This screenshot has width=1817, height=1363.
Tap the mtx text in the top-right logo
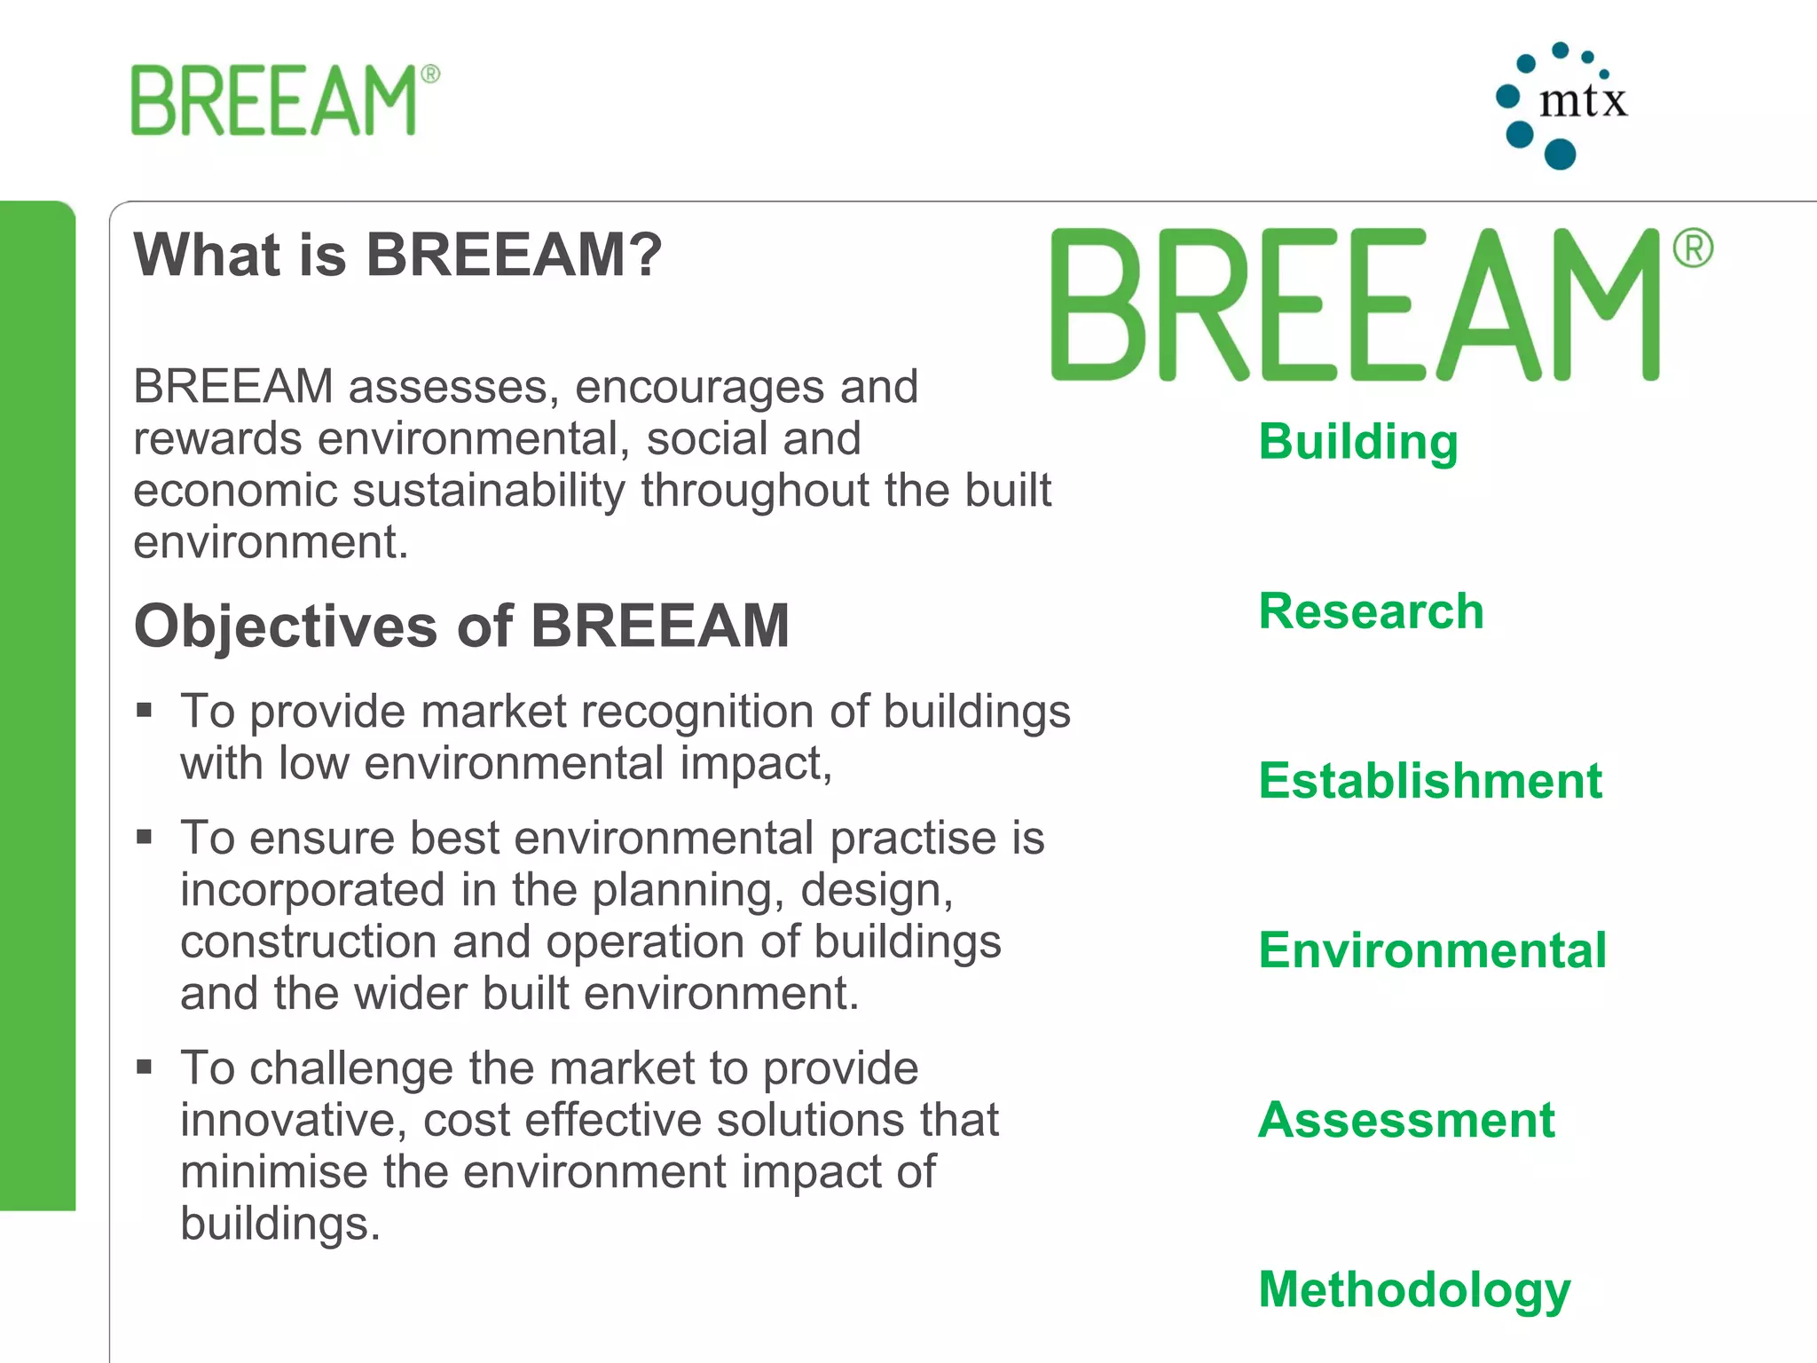[1583, 100]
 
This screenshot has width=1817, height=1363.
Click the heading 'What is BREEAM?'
[397, 255]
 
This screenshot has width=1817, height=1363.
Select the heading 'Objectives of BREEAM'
[461, 626]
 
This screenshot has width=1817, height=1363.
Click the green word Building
[1358, 442]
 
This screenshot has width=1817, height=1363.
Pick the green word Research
[1371, 611]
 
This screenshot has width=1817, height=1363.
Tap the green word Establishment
[1430, 781]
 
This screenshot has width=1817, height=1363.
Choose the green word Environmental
[1432, 950]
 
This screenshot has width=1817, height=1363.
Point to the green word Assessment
[1406, 1120]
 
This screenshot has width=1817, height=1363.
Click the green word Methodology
[1414, 1290]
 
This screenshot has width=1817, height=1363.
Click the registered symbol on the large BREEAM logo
[1693, 248]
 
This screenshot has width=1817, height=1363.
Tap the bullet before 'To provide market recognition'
[145, 710]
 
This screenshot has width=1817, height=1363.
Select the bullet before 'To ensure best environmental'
[145, 836]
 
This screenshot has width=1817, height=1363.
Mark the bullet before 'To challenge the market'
[145, 1066]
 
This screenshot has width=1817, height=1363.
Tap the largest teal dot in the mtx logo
[1560, 154]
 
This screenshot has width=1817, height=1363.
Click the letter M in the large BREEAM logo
[1606, 304]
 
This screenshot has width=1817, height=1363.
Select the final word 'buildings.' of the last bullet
[280, 1224]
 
